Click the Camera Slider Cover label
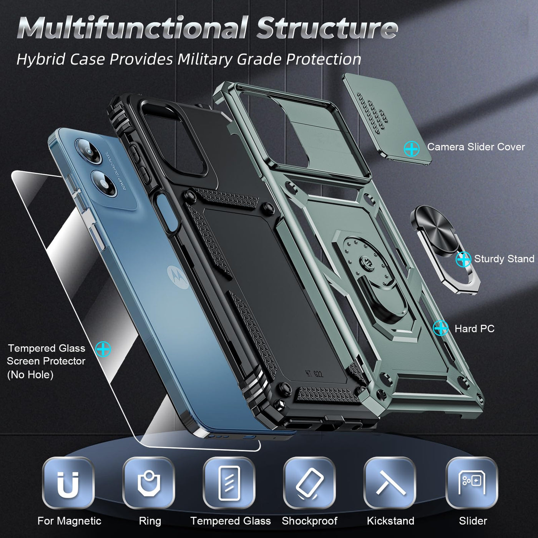coord(476,147)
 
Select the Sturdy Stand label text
coord(504,259)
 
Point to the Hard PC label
coord(474,329)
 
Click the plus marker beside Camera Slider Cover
coord(412,149)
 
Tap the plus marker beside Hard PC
coord(440,328)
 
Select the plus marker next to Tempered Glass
coord(103,349)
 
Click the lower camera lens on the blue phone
coord(103,184)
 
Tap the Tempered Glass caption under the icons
coord(230,521)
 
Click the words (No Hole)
coord(30,374)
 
